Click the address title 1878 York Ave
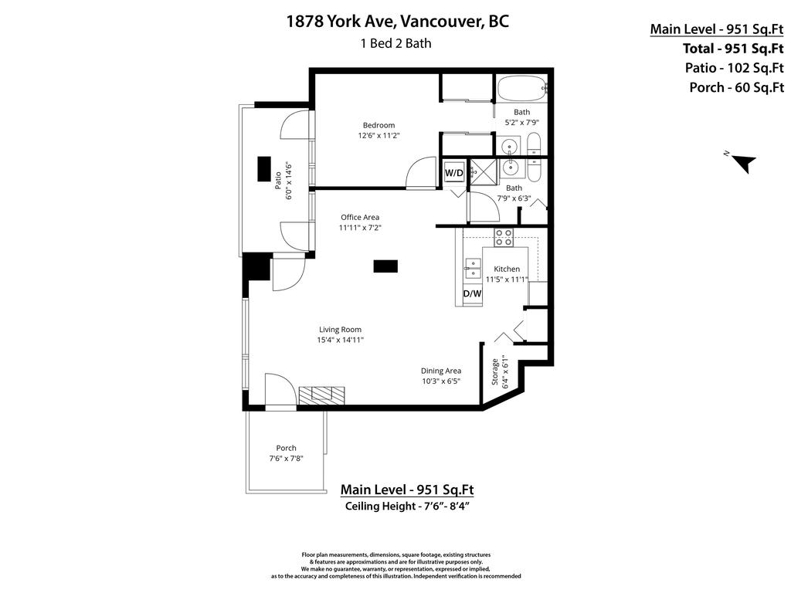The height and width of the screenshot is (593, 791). (x=398, y=21)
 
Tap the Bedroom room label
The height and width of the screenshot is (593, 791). (x=379, y=125)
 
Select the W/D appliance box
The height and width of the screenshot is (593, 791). (x=453, y=173)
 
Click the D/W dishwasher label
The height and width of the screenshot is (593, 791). (x=472, y=293)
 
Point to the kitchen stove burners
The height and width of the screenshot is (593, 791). (x=504, y=237)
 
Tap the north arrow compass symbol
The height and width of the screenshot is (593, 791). (x=743, y=163)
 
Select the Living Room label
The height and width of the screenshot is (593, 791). (x=340, y=330)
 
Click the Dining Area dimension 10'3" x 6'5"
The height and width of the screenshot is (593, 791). (x=441, y=381)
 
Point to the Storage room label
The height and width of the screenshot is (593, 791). (x=495, y=371)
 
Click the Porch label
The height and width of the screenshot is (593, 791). (x=286, y=448)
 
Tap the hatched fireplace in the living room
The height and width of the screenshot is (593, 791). (x=322, y=395)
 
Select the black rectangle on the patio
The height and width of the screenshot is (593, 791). (x=265, y=168)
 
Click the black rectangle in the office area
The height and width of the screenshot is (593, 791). (x=385, y=266)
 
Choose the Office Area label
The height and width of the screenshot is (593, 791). (x=360, y=217)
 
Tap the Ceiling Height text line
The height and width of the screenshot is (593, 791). (x=407, y=507)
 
